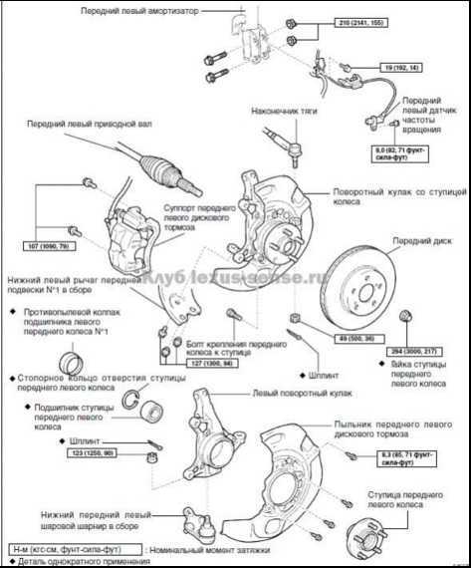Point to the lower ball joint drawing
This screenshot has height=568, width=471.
tap(192, 518)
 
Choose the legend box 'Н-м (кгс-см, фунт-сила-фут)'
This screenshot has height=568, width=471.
tap(71, 548)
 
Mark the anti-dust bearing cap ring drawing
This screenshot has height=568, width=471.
tap(74, 361)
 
